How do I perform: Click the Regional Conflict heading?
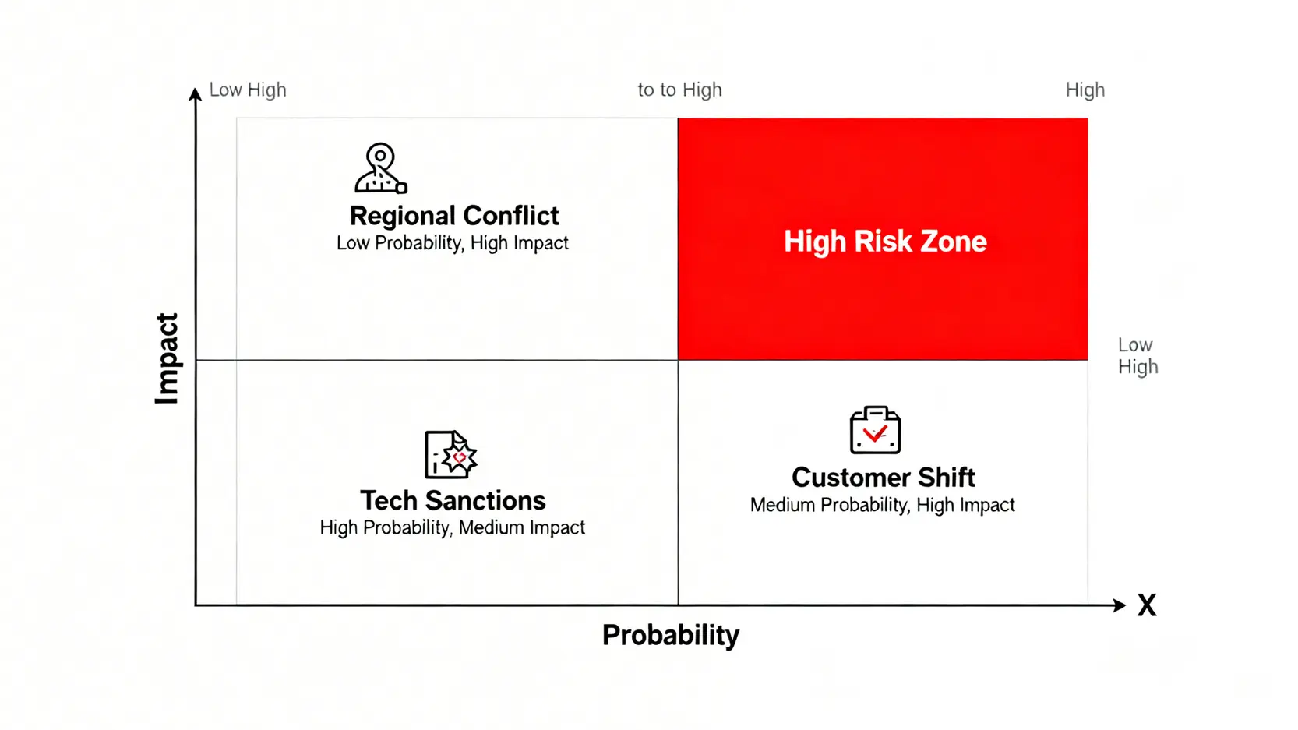[x=454, y=216]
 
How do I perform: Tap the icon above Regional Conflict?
[x=381, y=168]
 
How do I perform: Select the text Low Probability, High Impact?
[x=453, y=243]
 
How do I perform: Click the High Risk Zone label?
[x=885, y=241]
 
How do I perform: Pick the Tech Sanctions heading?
[x=453, y=501]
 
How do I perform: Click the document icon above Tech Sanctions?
[x=451, y=454]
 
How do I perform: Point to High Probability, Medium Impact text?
[x=453, y=527]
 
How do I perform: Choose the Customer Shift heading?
[x=883, y=478]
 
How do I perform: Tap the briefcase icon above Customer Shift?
[x=875, y=430]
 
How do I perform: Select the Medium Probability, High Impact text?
[x=883, y=505]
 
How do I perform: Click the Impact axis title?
[x=168, y=358]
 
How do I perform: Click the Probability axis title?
[x=671, y=636]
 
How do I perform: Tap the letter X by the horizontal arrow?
[x=1147, y=605]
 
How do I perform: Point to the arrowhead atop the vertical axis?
[x=196, y=93]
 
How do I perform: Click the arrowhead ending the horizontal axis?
[x=1120, y=605]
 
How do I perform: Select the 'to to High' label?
[x=679, y=90]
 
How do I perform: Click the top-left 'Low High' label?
[x=248, y=90]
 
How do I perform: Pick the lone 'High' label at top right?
[x=1085, y=90]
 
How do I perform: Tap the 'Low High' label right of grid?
[x=1138, y=356]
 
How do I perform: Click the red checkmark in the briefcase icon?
[x=875, y=433]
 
